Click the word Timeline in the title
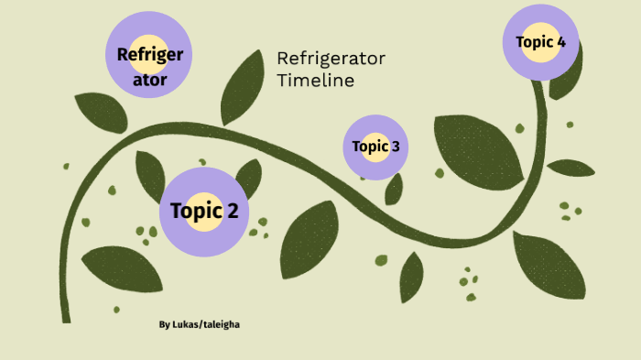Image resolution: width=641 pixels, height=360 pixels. pyautogui.click(x=315, y=81)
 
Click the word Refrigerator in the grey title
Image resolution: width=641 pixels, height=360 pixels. pyautogui.click(x=331, y=60)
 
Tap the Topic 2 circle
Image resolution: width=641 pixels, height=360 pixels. pyautogui.click(x=204, y=212)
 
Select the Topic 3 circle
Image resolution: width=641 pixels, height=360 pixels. pyautogui.click(x=375, y=147)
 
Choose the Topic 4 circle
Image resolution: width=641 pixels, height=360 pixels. pyautogui.click(x=540, y=42)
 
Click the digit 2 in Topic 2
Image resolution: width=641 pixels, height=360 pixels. pyautogui.click(x=234, y=212)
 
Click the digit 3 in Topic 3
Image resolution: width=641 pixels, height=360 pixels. pyautogui.click(x=395, y=147)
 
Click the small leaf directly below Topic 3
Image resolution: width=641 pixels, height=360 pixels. pyautogui.click(x=394, y=189)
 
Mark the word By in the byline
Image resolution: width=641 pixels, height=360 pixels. pyautogui.click(x=164, y=324)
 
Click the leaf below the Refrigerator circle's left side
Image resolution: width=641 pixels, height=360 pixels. pyautogui.click(x=101, y=111)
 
